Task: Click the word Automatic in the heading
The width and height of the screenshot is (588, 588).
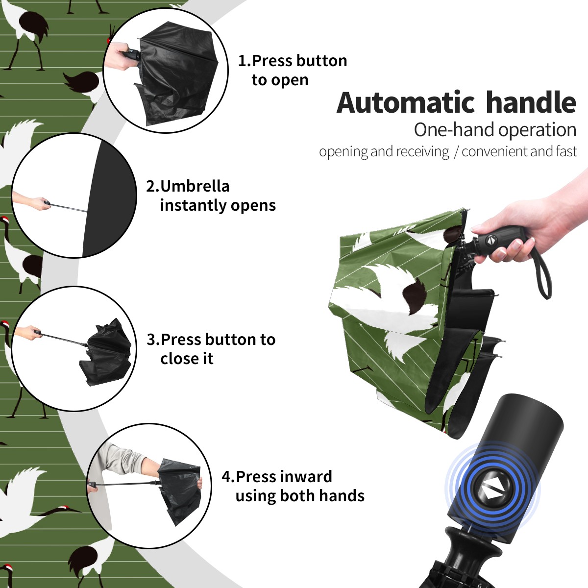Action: click(406, 102)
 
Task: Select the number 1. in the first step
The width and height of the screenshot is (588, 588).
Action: click(245, 61)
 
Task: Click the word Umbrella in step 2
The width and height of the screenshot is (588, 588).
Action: click(195, 186)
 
